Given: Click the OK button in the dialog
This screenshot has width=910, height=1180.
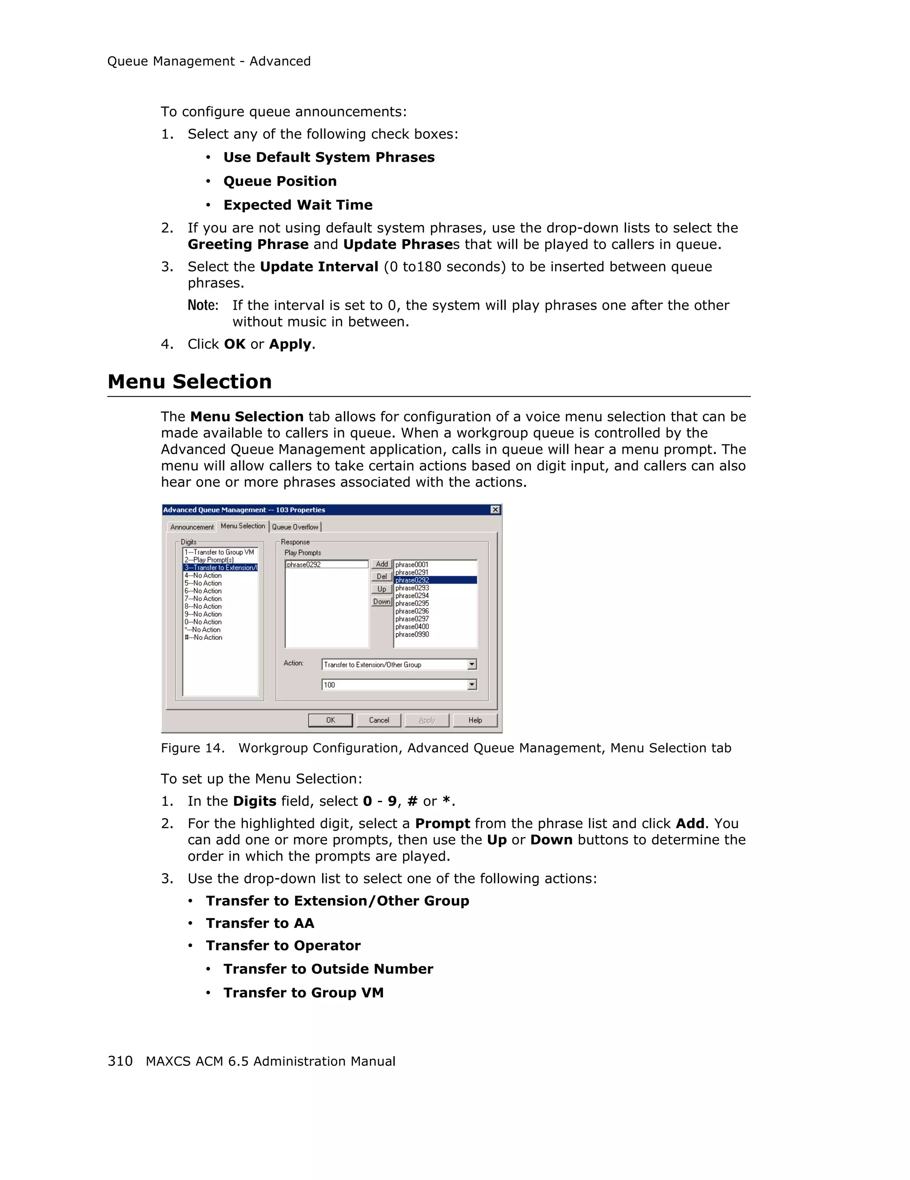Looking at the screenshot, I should [x=330, y=720].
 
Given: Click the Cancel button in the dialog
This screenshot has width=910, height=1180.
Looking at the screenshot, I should [x=379, y=720].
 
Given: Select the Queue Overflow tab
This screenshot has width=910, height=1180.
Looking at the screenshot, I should [x=295, y=527].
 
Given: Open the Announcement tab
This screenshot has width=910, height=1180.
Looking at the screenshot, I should [x=192, y=527].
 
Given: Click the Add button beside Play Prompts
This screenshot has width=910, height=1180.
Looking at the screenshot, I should [x=381, y=564].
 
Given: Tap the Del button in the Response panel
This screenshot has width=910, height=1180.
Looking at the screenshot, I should [x=381, y=576].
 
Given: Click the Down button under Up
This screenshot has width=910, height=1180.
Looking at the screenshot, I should [x=381, y=601].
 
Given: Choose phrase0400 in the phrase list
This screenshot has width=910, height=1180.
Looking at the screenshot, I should [x=412, y=627].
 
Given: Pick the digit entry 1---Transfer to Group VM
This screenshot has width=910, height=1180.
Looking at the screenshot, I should [x=219, y=552].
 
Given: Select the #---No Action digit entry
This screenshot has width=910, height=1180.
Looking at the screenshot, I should [x=204, y=637].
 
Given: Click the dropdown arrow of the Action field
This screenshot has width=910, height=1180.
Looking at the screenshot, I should [x=472, y=664].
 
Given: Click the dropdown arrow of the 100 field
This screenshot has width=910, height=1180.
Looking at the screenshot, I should [x=472, y=684].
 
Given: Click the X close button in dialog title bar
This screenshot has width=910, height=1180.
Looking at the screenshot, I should [x=495, y=509].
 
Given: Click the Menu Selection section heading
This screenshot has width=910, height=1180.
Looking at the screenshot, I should [x=190, y=381].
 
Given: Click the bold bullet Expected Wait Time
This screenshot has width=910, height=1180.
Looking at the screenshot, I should [x=298, y=205].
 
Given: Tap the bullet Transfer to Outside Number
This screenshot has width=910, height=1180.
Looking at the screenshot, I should [x=328, y=969].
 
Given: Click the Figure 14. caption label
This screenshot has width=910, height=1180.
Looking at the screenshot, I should [x=192, y=748].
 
